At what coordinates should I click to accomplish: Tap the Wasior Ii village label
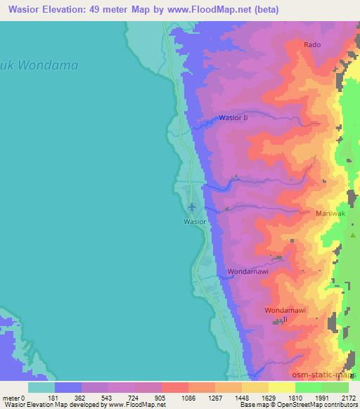[x=233, y=118]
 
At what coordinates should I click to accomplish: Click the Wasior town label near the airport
[x=195, y=221]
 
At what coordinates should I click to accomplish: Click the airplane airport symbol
[x=192, y=207]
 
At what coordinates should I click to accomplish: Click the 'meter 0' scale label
[x=15, y=398]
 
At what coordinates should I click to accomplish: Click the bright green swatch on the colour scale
[x=308, y=387]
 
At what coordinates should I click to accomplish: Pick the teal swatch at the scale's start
[x=41, y=387]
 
